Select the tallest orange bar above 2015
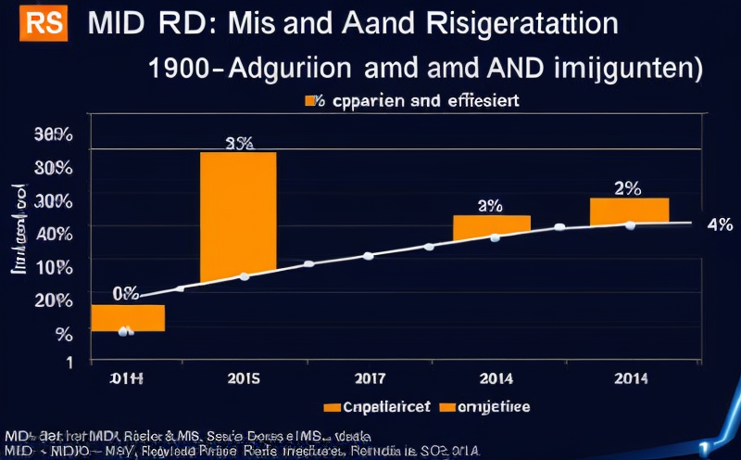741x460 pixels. coord(238,216)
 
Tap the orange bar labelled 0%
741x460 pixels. coord(128,317)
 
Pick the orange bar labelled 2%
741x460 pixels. coord(629,211)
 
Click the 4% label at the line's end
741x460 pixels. coord(719,224)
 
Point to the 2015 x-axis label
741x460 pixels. coord(243,377)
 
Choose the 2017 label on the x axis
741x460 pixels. coord(369,377)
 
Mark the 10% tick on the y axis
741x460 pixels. coord(54,268)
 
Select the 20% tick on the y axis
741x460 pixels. coord(54,300)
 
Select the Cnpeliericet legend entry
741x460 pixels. coord(376,406)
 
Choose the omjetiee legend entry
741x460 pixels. coord(485,406)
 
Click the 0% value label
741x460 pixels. coord(125,294)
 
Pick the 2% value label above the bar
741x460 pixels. coord(627,187)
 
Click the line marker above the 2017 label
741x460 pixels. coord(369,255)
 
